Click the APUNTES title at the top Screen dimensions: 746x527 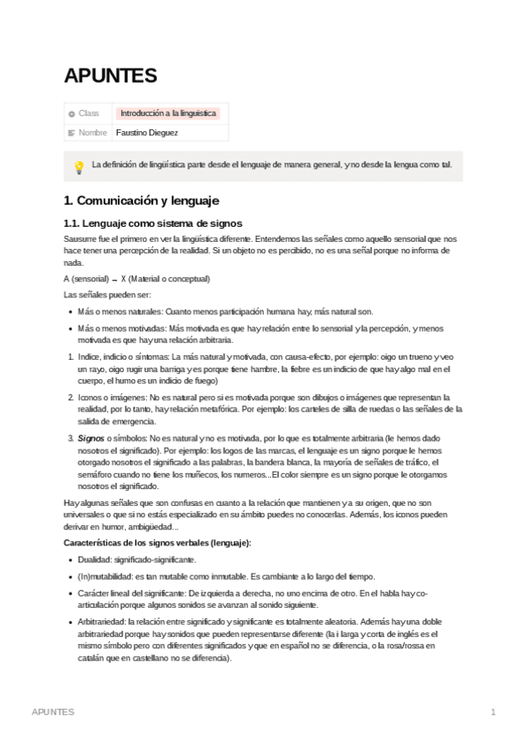[110, 77]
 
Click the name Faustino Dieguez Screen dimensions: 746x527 [147, 133]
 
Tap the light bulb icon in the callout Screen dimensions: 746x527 [78, 165]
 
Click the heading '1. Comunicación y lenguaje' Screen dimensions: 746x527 [141, 200]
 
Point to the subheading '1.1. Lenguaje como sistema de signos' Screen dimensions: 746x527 [153, 223]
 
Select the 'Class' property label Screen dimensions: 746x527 [89, 113]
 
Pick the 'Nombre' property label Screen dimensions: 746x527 [92, 133]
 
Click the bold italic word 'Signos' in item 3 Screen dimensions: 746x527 [91, 437]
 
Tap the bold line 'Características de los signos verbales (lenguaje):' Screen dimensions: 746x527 [157, 543]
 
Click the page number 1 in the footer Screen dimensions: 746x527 [494, 712]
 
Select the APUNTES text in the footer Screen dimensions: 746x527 [53, 712]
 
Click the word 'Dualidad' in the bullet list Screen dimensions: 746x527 [94, 559]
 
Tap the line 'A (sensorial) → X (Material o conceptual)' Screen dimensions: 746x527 [137, 278]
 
